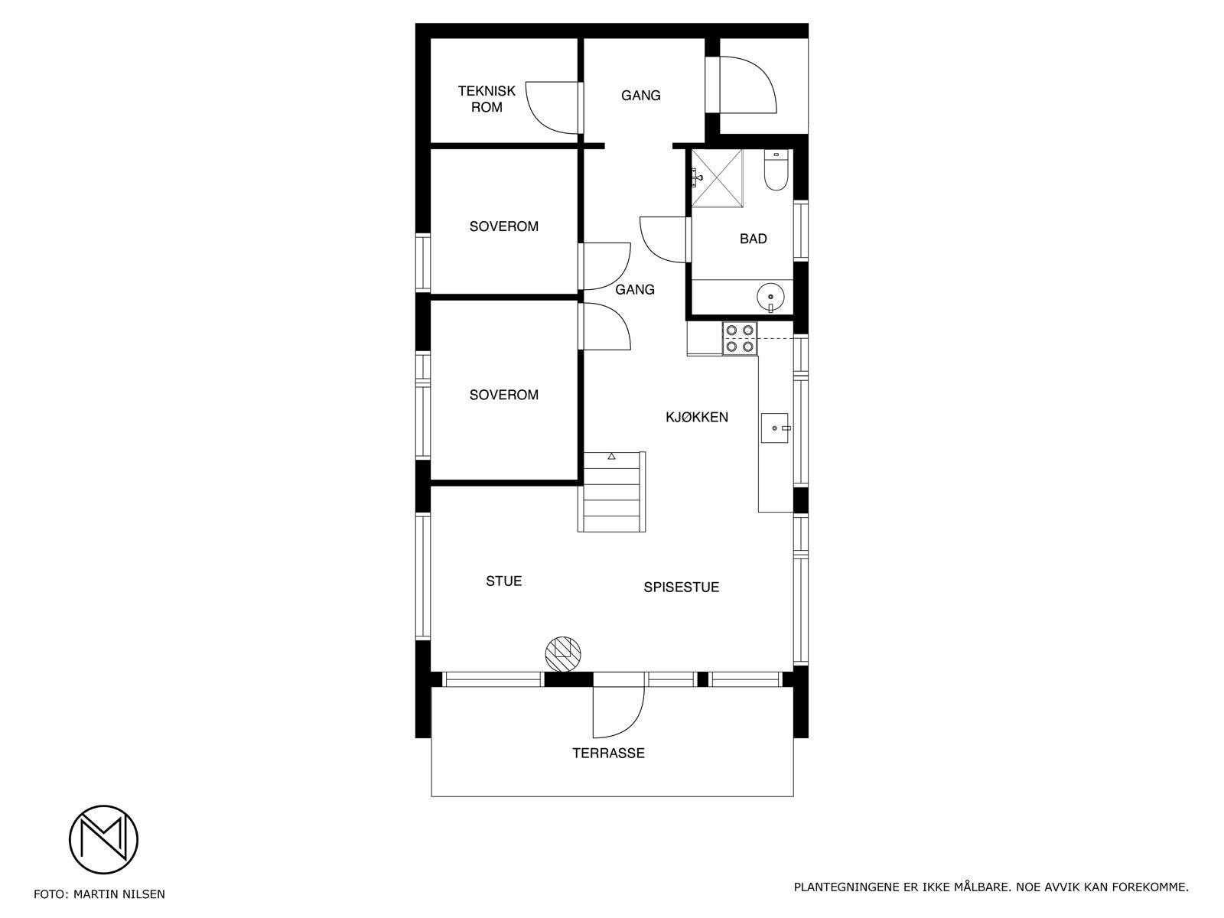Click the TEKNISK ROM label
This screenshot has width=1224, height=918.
pos(487,99)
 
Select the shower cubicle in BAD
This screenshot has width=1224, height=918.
pos(717,178)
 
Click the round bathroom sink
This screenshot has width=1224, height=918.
pos(771,295)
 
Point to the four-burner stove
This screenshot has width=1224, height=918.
pos(740,338)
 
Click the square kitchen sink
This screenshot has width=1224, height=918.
pos(774,427)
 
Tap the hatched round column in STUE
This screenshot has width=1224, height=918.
pos(563,652)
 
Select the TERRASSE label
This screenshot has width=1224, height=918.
pos(608,754)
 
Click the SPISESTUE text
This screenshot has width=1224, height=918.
pos(681,588)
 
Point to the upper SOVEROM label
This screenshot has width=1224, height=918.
pos(503,226)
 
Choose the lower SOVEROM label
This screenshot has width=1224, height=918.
pos(503,395)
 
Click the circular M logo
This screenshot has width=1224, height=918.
pos(103,839)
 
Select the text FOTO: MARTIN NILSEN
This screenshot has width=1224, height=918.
pos(99,894)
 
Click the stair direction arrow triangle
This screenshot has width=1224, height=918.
pos(611,457)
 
